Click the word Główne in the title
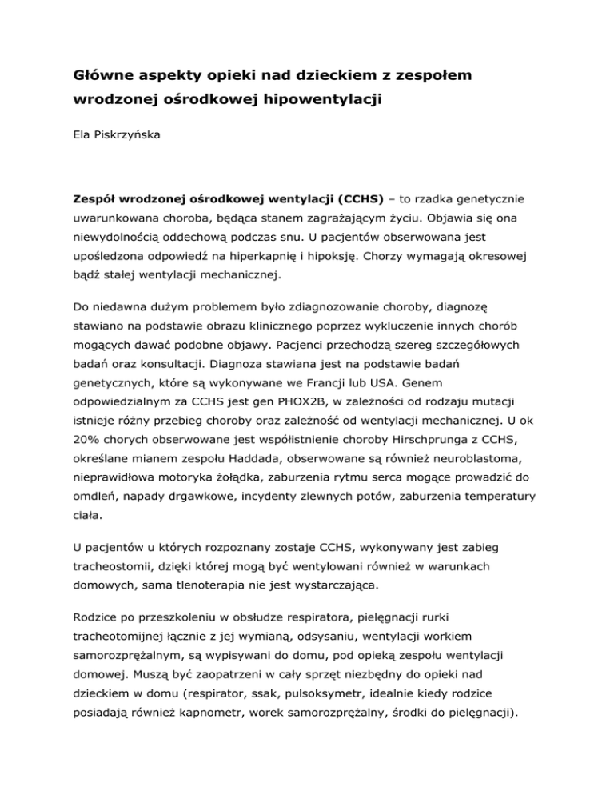pyautogui.click(x=96, y=76)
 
